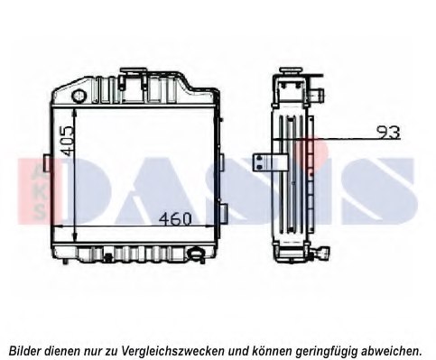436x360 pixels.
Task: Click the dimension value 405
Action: [x=67, y=141]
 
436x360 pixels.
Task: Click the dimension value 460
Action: [x=175, y=218]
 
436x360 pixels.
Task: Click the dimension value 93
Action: [x=389, y=132]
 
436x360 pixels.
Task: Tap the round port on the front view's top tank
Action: [x=79, y=96]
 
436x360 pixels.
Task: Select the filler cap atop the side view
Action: [x=292, y=72]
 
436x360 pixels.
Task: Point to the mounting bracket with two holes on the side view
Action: [x=269, y=162]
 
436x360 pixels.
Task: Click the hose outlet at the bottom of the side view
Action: [x=321, y=253]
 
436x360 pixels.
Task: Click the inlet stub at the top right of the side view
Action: [x=316, y=95]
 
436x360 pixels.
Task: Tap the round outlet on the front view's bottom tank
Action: [x=196, y=254]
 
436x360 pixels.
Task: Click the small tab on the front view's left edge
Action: [x=47, y=163]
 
